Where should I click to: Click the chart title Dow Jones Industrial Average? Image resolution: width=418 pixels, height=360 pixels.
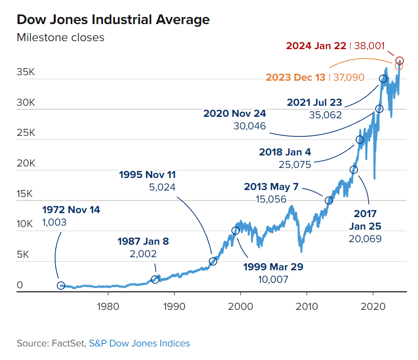(x=113, y=20)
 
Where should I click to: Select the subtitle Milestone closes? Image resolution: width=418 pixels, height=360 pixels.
(x=60, y=37)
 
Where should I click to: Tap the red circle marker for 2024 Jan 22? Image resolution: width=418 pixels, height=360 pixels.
(x=399, y=61)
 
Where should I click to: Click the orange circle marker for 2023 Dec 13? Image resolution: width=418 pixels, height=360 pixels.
(x=399, y=66)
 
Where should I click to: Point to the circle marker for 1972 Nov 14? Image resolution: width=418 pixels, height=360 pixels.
(x=61, y=285)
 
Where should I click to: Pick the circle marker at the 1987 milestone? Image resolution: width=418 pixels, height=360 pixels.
(x=155, y=279)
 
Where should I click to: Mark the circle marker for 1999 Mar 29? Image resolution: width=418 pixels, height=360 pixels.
(x=235, y=231)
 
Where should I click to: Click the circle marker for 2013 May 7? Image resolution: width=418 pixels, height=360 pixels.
(x=329, y=201)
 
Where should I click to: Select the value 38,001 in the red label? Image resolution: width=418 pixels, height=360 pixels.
(x=369, y=46)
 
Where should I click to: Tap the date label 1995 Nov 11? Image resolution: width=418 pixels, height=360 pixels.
(x=148, y=175)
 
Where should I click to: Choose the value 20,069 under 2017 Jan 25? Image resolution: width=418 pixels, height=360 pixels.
(x=365, y=239)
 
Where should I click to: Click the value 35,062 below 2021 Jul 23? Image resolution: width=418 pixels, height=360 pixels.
(x=325, y=115)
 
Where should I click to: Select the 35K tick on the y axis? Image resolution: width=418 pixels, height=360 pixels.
(x=26, y=72)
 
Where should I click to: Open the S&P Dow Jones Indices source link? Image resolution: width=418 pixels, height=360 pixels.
(x=140, y=343)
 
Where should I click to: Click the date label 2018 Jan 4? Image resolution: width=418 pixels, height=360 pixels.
(x=285, y=151)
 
